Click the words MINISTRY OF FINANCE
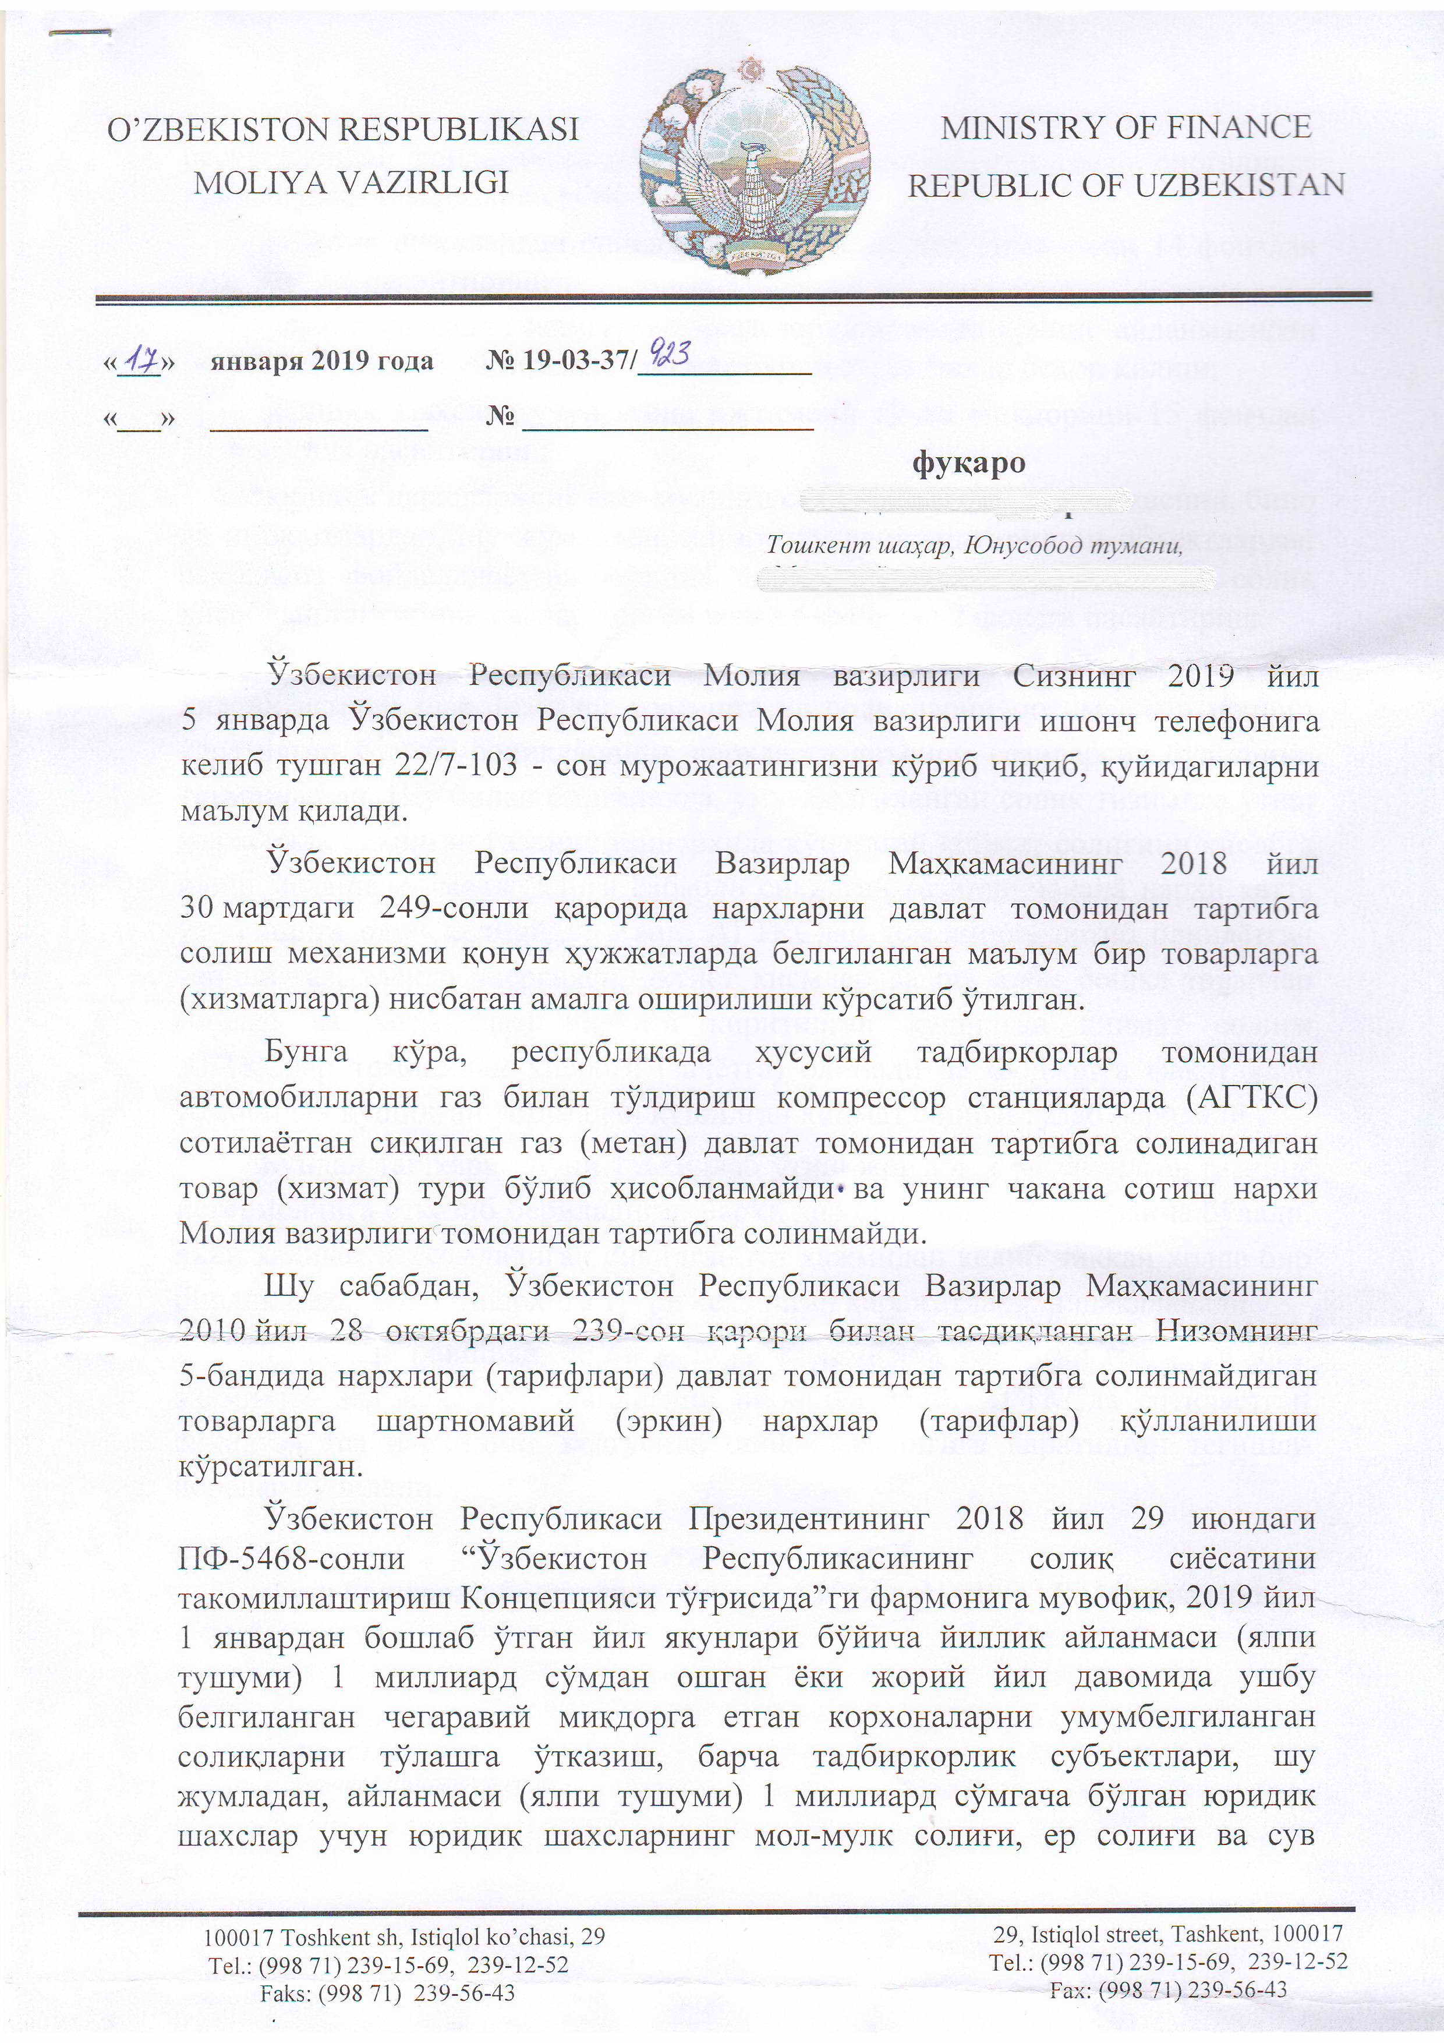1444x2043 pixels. [1126, 127]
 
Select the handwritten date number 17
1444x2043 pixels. [140, 360]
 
